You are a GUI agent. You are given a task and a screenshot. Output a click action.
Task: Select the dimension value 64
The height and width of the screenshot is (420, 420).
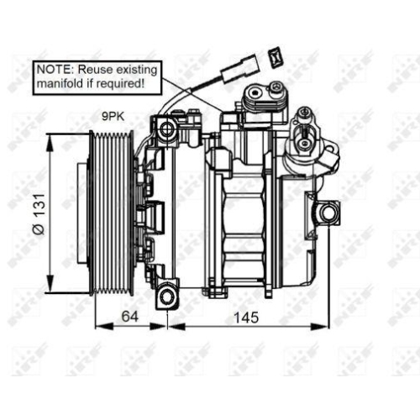pyautogui.click(x=129, y=317)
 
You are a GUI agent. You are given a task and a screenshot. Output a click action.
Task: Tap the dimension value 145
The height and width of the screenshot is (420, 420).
pyautogui.click(x=246, y=317)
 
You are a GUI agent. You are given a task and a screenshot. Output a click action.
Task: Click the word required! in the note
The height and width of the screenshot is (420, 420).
pyautogui.click(x=123, y=84)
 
